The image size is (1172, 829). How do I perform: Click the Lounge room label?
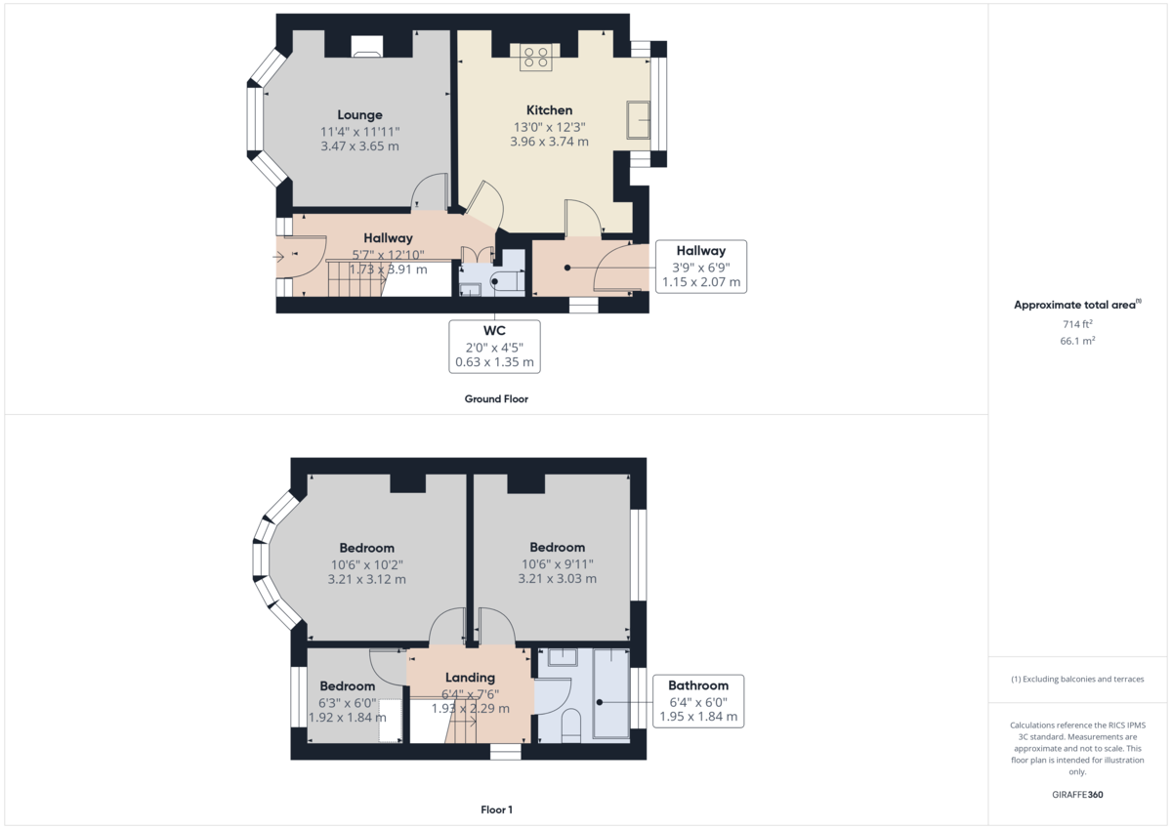point(359,115)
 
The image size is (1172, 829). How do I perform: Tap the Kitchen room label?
point(549,110)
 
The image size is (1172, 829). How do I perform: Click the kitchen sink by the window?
point(640,121)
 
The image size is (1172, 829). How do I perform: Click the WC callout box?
point(495,346)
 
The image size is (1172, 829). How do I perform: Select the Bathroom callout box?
point(698,701)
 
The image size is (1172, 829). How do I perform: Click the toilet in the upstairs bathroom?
point(572,727)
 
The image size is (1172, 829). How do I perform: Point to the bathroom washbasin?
point(562,657)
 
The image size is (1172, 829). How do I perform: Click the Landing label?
point(470,678)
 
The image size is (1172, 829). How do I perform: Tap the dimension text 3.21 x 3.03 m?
point(557,579)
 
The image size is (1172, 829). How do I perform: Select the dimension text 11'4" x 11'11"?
point(359,131)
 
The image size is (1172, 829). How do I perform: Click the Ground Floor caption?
point(496,398)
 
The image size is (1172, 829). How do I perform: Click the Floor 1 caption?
point(496,809)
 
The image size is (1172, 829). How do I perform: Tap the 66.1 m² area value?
point(1077,341)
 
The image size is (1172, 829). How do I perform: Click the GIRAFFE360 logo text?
point(1077,795)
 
